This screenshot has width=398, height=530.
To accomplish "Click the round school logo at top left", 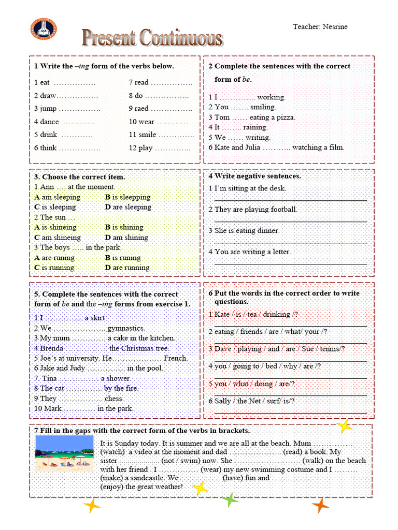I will tap(44, 28).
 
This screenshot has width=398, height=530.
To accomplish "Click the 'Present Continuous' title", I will tap(152, 38).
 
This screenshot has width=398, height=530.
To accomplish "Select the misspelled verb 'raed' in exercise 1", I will tap(141, 109).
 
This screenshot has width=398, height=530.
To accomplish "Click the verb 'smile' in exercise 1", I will tap(147, 135).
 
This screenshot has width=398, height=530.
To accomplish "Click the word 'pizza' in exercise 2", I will tap(285, 117).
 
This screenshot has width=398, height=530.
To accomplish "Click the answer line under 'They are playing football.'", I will tap(290, 221).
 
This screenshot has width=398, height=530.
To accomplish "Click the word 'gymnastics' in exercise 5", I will tap(126, 328).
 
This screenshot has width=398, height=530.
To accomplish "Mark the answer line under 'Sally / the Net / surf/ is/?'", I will tap(290, 413).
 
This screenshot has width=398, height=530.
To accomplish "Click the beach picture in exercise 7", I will tap(64, 453).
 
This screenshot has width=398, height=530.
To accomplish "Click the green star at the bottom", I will tap(230, 500).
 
